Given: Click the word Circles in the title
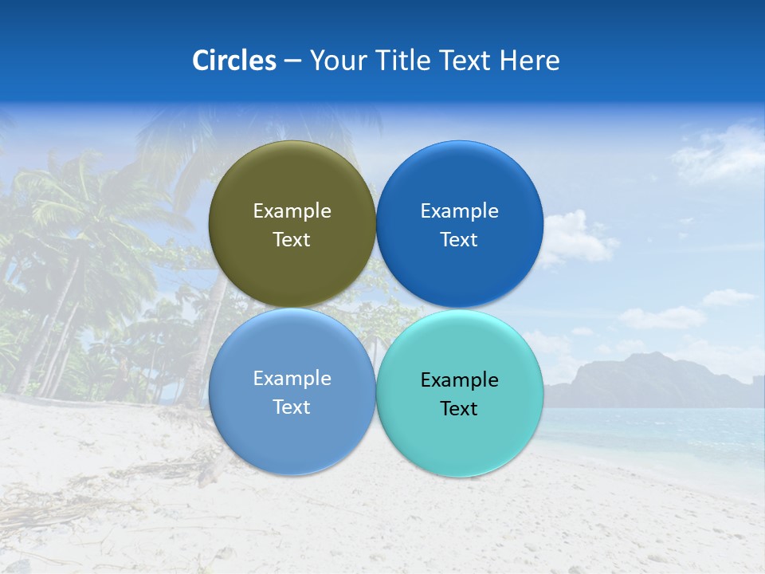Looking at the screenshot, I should (x=233, y=61).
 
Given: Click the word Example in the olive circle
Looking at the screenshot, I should (x=292, y=210).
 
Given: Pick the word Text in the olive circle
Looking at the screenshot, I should (x=292, y=239).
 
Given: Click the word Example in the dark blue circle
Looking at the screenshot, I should (x=459, y=210).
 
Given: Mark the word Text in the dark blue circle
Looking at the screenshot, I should (x=459, y=239).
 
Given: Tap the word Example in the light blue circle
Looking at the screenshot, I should (x=292, y=378).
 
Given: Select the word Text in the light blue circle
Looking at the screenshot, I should (x=292, y=407).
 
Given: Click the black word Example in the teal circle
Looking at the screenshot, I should (x=459, y=379).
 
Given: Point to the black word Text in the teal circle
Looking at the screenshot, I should (x=459, y=408).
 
